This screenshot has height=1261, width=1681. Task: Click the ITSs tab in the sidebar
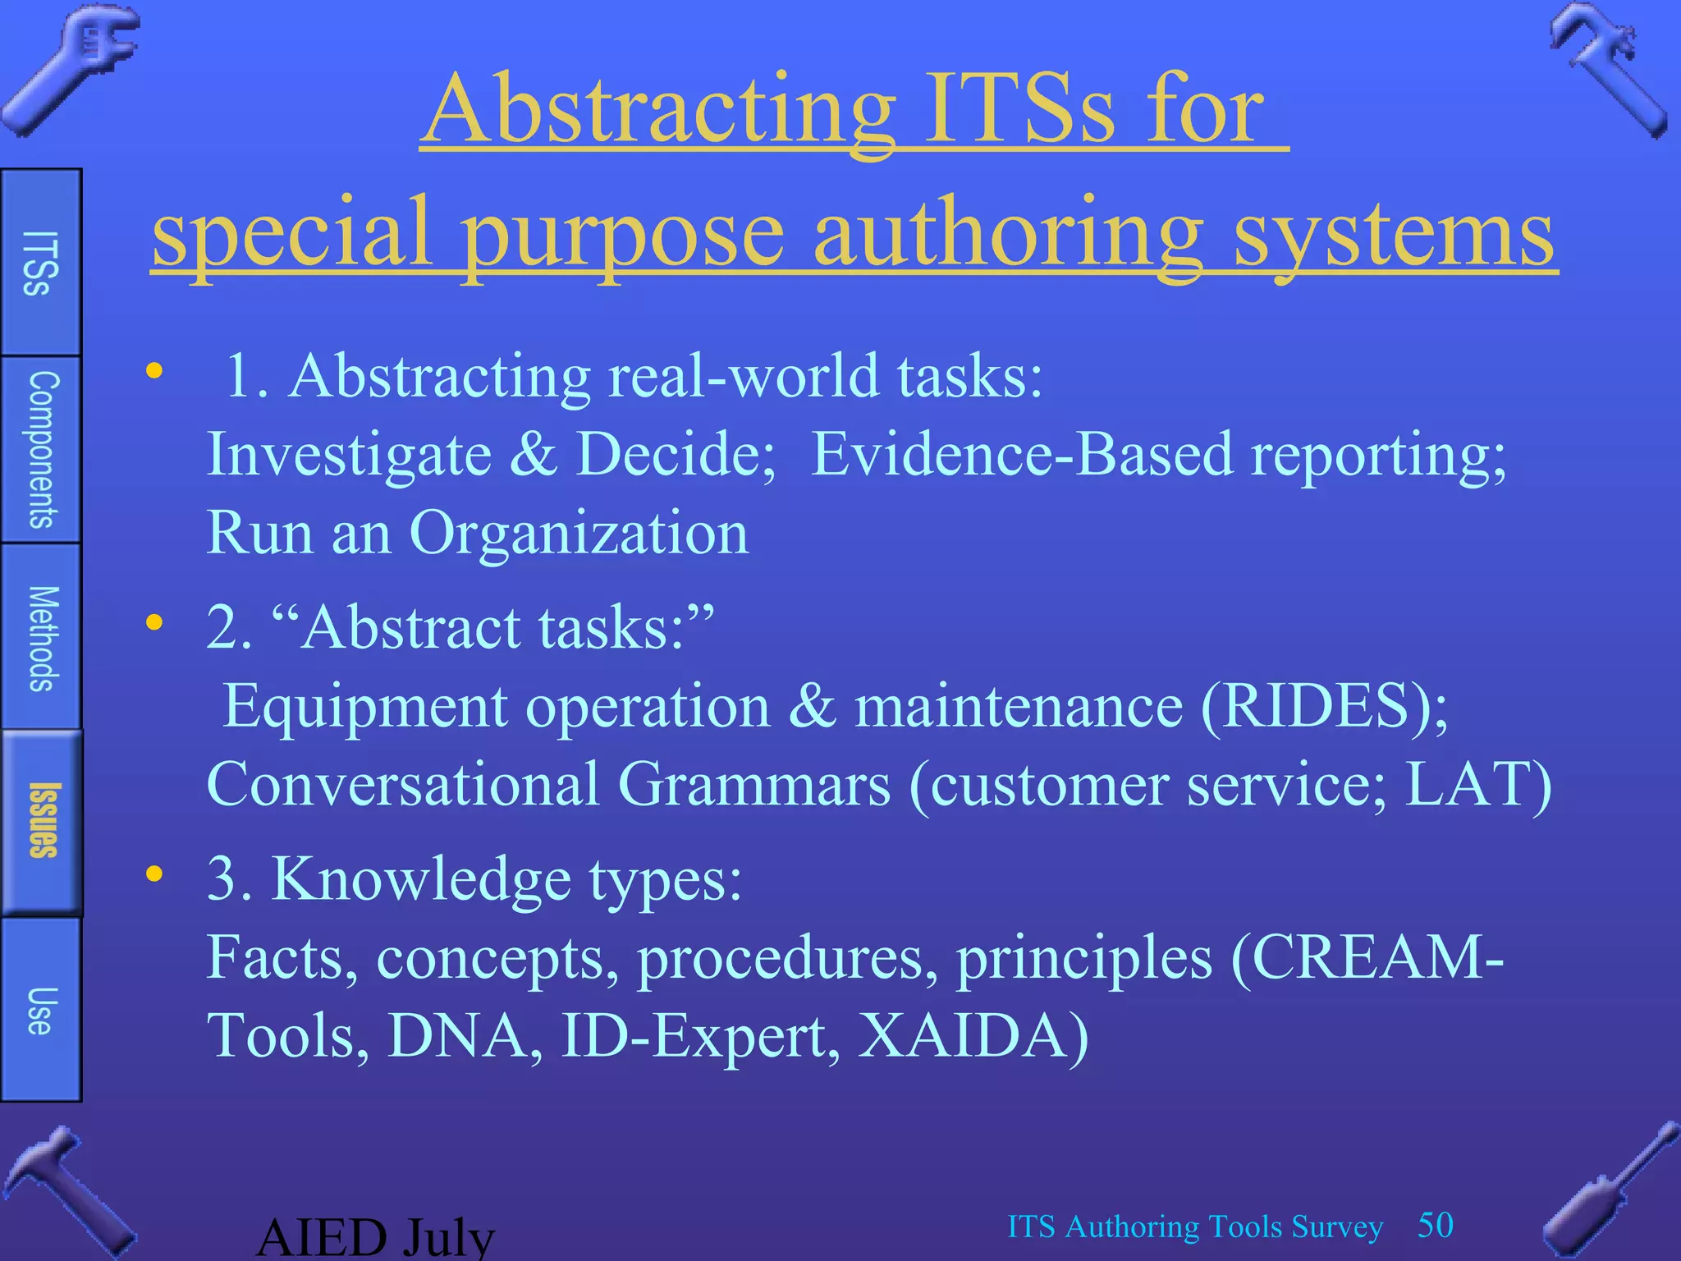tap(40, 263)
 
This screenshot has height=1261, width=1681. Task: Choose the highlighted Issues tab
tap(43, 821)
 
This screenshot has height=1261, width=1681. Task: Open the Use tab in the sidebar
tap(41, 1011)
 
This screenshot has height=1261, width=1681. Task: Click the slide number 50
tap(1436, 1225)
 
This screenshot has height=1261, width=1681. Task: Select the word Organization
tap(579, 533)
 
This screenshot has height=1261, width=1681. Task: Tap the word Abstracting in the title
tap(661, 111)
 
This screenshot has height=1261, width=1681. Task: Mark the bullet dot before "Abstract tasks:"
tap(154, 623)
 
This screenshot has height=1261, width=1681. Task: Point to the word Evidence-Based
tap(1022, 454)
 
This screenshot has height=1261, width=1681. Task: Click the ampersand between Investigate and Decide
tap(533, 454)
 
